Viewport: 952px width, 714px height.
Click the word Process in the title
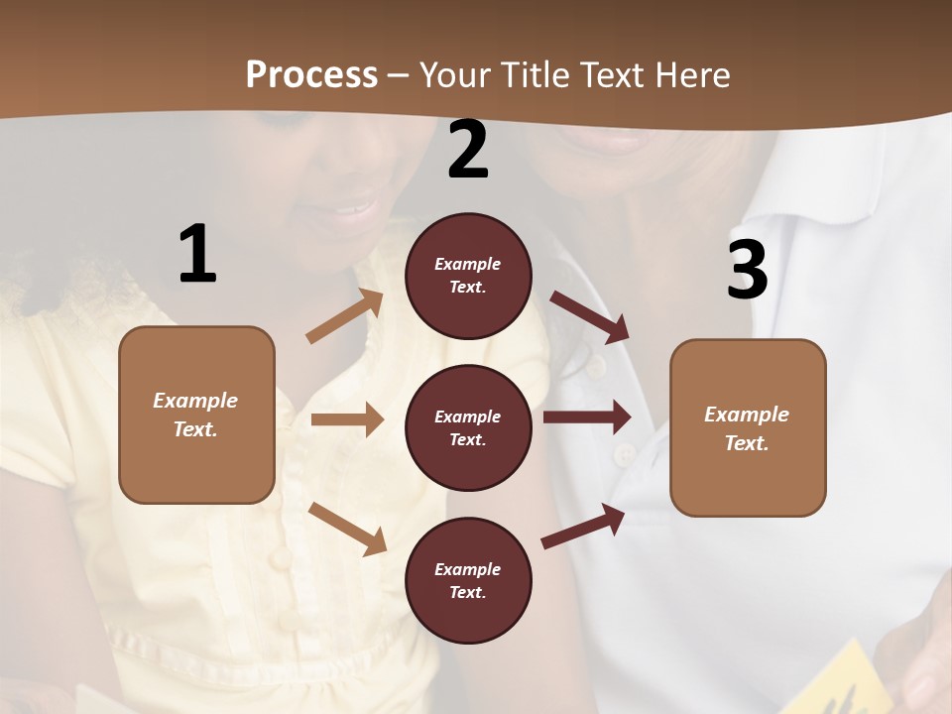tap(311, 74)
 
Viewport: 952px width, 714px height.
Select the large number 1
tap(197, 254)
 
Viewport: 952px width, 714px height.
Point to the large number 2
tap(468, 150)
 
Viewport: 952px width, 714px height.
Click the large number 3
tap(747, 270)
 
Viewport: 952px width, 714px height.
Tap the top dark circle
tap(468, 276)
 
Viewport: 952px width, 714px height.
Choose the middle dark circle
tap(468, 427)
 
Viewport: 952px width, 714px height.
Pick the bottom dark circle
tap(468, 580)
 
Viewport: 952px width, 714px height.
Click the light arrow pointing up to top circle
tap(344, 316)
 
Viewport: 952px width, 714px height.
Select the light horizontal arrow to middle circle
tap(346, 419)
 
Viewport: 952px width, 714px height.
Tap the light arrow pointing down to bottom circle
tap(347, 529)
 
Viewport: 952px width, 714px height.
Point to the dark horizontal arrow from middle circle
tap(587, 416)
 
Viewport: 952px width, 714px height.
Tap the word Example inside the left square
tap(195, 401)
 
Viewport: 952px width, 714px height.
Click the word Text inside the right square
tap(746, 443)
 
